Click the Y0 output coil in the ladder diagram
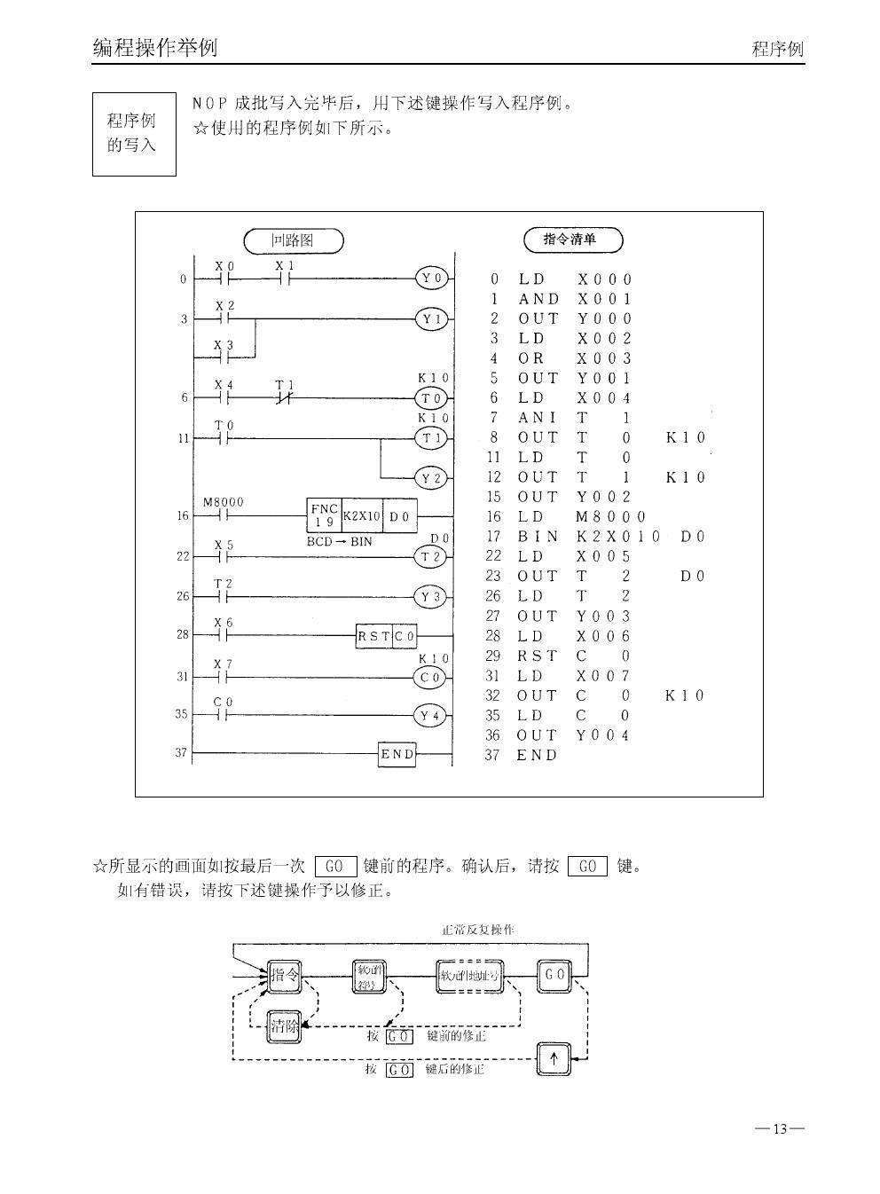coord(431,279)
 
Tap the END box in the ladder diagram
coord(397,754)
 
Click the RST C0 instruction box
coord(387,636)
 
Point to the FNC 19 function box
coord(323,515)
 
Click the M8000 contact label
coord(223,503)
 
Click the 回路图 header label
coord(293,240)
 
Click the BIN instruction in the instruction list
coord(538,537)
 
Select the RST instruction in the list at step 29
coord(538,656)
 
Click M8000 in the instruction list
coord(610,516)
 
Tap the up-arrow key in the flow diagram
coord(554,1058)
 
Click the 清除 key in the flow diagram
coord(284,1027)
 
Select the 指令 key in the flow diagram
coord(284,975)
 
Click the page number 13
coord(780,1129)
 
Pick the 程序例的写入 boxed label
coord(134,133)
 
